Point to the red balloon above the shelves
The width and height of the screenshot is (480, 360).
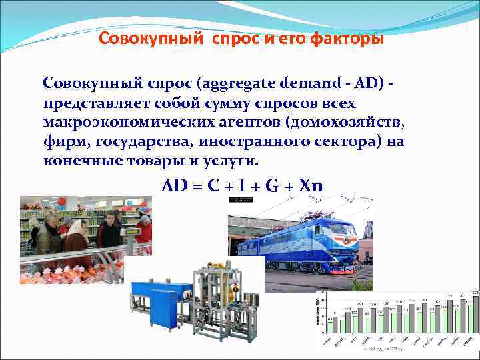coord(61,201)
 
